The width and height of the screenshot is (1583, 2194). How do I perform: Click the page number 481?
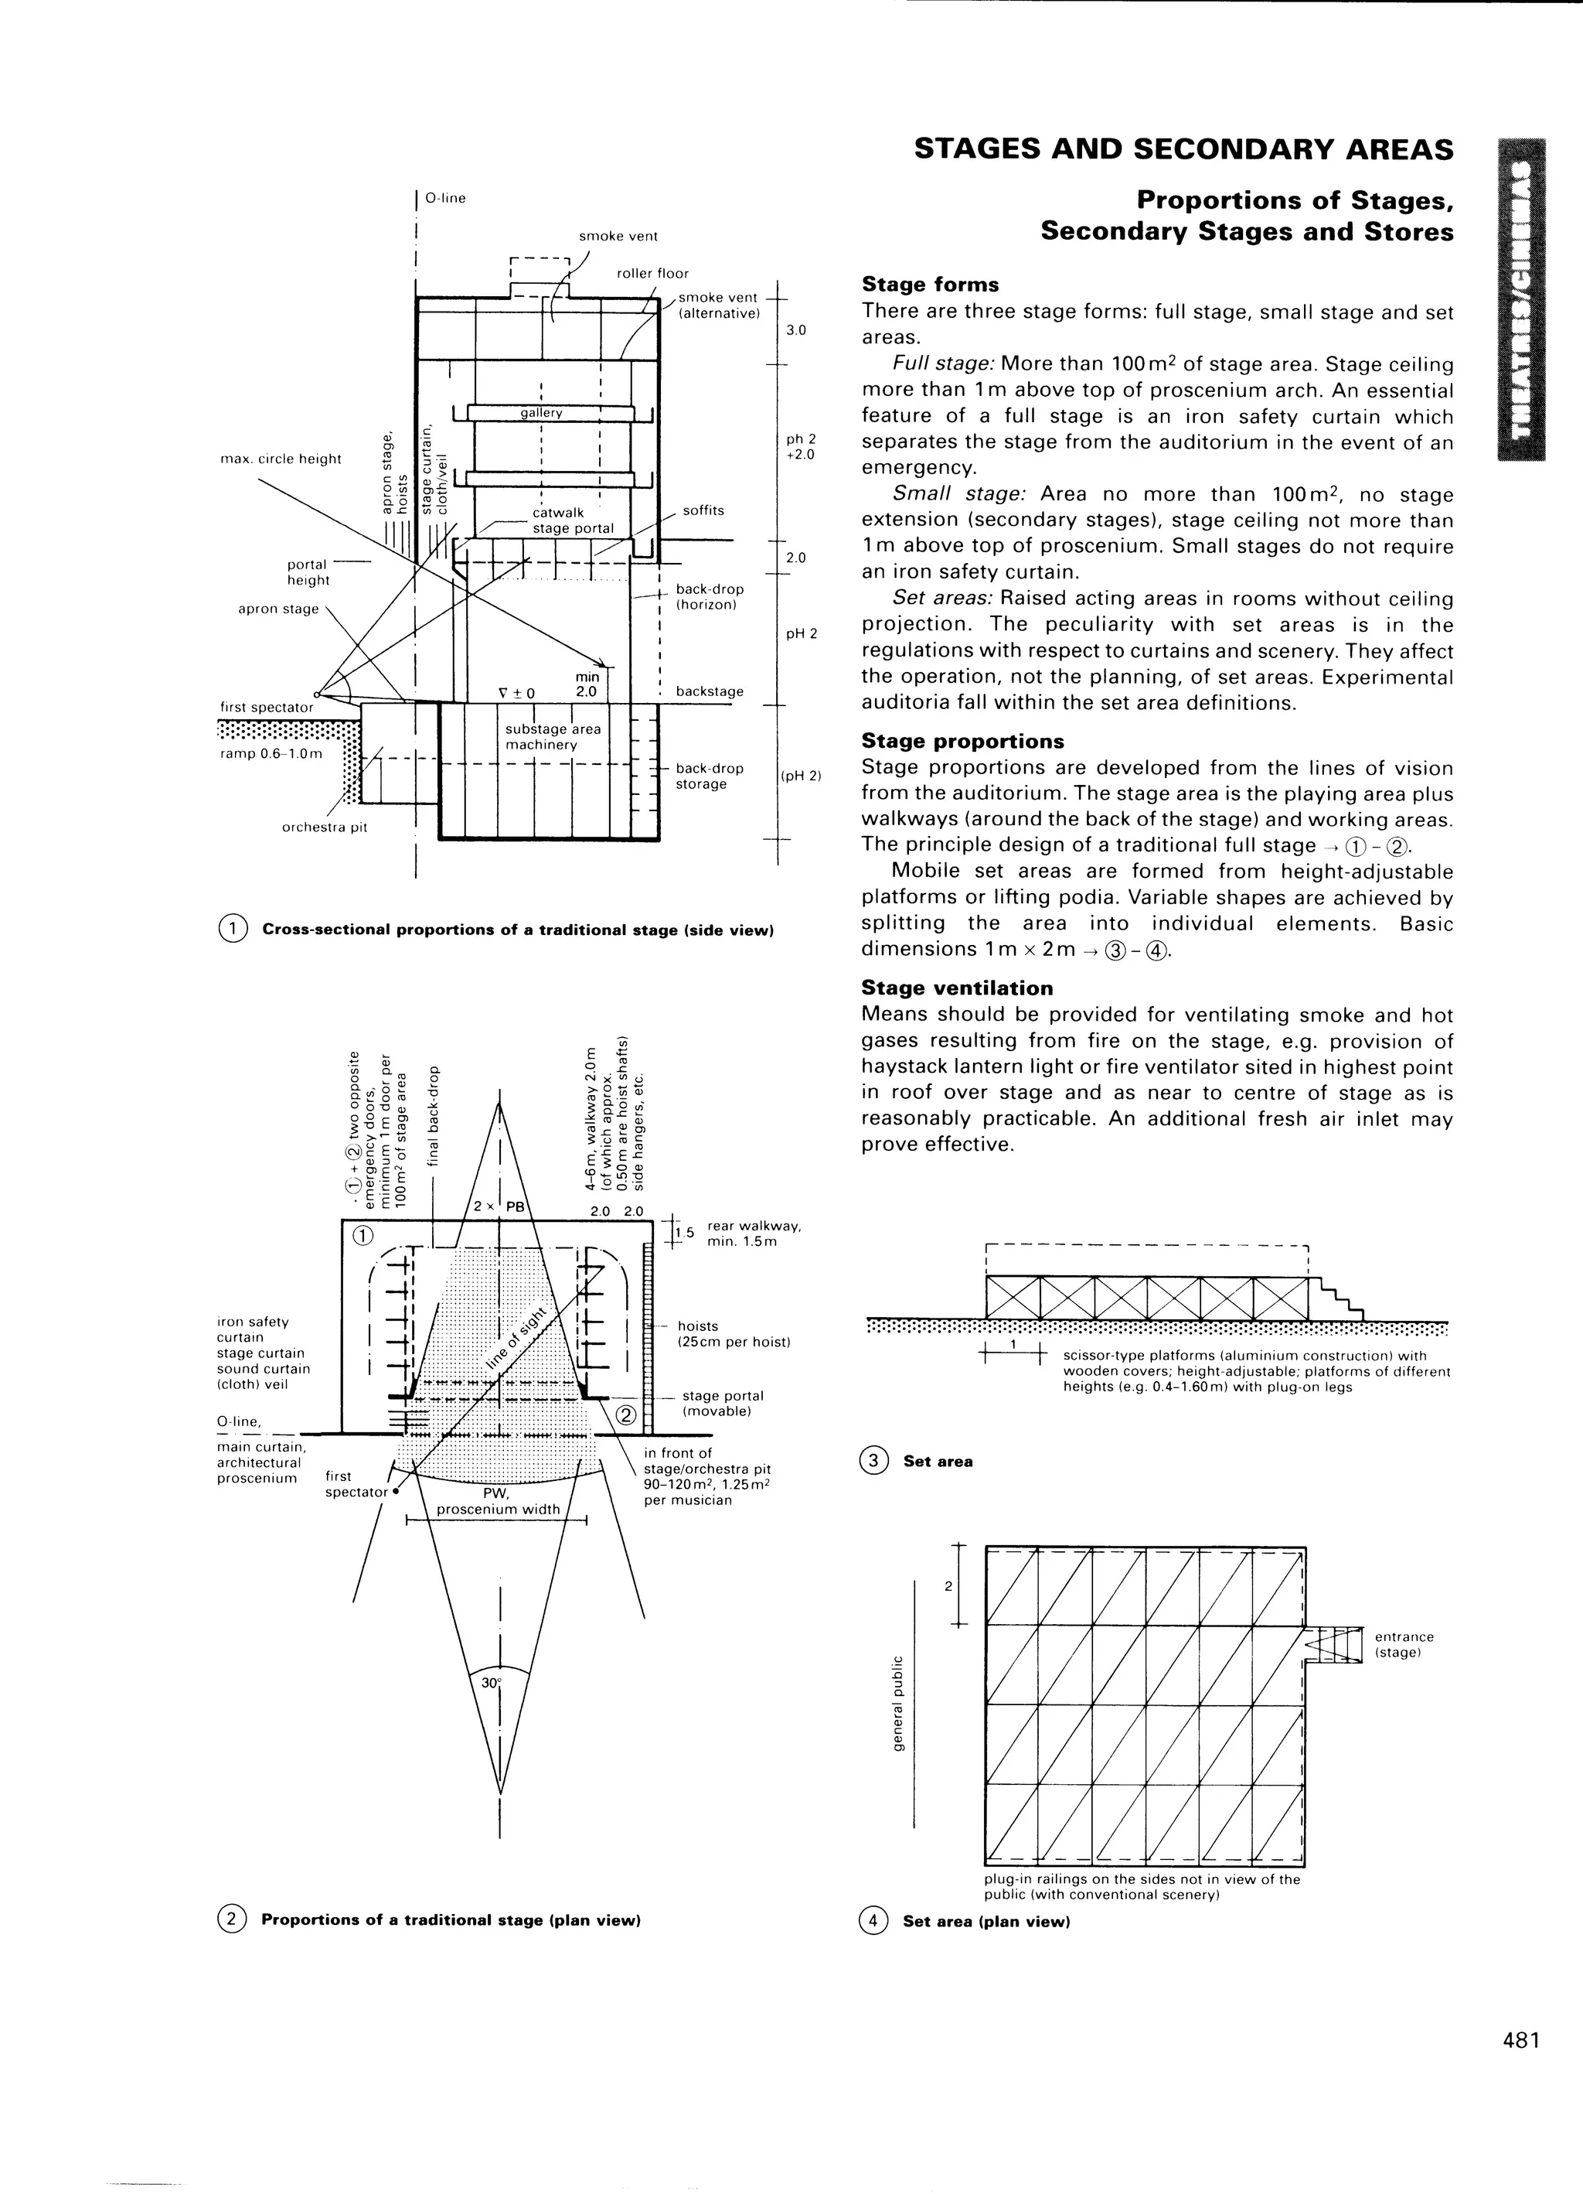[x=1520, y=2066]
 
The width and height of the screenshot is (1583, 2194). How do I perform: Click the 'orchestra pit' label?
[x=324, y=827]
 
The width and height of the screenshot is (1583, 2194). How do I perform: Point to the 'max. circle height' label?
[x=281, y=459]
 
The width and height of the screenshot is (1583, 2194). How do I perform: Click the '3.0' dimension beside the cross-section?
[x=796, y=331]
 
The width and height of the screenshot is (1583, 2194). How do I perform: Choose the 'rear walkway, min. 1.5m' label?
[x=754, y=1233]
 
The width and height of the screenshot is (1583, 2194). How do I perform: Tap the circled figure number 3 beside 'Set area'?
[x=873, y=1461]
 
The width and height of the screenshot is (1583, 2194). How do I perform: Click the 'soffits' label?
[x=703, y=510]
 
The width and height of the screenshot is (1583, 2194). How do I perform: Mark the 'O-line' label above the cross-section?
[x=446, y=198]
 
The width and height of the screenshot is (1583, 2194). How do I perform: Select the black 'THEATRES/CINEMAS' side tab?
[x=1521, y=300]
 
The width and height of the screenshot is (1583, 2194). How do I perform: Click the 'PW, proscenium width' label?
[x=498, y=1501]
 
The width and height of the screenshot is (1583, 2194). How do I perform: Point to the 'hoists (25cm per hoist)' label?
[x=733, y=1334]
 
